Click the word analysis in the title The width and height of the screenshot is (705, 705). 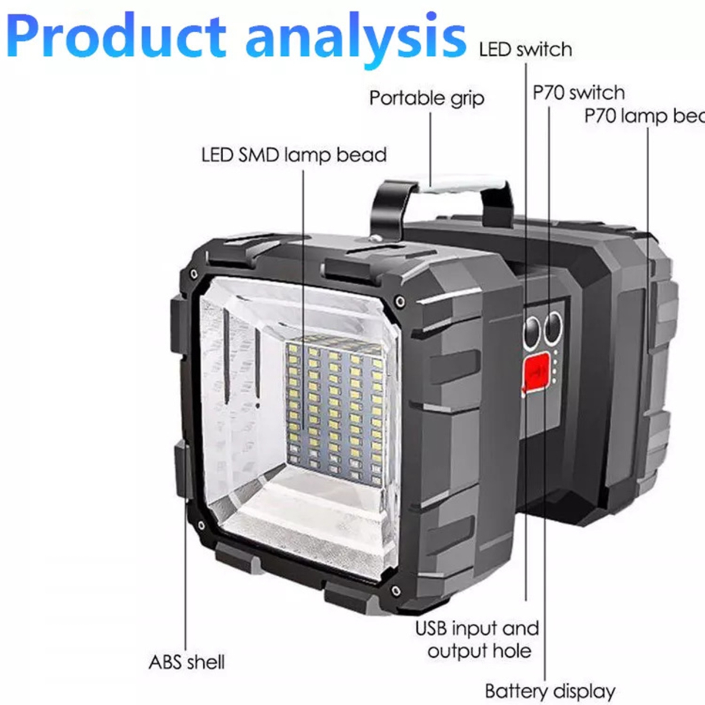point(355,36)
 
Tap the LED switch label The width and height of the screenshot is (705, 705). point(525,49)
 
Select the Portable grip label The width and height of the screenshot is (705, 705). point(427,98)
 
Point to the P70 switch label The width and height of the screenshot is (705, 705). point(578,93)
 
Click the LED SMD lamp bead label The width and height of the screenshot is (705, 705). point(294,155)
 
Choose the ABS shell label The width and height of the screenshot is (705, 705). point(186,662)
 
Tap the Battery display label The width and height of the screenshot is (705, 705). point(550,691)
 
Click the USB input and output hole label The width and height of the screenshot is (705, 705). point(477,639)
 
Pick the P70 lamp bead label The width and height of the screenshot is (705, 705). point(644,116)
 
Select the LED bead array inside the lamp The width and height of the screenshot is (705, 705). point(334,405)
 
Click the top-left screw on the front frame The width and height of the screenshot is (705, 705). point(193,274)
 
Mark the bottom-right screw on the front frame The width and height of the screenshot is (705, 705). point(399,590)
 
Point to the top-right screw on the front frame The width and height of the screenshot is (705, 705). point(399,302)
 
